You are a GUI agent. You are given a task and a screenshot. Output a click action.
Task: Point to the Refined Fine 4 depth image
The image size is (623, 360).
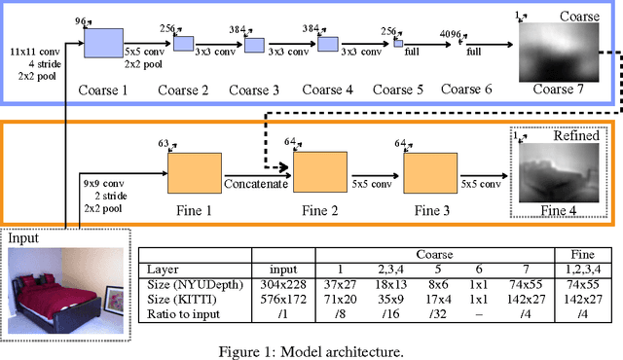(x=552, y=169)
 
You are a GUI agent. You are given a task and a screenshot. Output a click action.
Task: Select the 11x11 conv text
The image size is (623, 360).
(x=35, y=49)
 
